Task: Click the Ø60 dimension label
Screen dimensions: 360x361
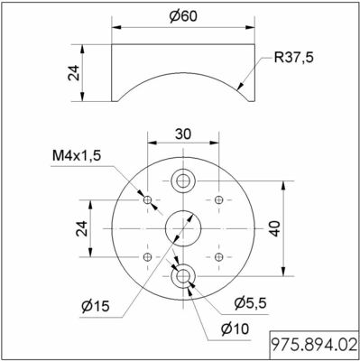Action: tap(183, 16)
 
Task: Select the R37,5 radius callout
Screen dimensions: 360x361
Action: tap(293, 57)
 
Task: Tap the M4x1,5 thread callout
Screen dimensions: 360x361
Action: tap(77, 156)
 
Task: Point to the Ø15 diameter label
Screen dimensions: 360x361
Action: tap(96, 306)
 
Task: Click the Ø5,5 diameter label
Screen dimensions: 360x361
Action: tap(250, 303)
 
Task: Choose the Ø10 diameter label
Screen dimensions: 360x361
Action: tap(235, 329)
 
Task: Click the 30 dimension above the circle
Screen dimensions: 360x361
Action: tap(183, 134)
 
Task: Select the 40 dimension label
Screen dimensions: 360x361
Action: tap(274, 228)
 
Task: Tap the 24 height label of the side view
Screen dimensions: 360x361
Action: tap(74, 72)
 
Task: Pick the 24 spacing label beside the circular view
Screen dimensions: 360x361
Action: tap(81, 228)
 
